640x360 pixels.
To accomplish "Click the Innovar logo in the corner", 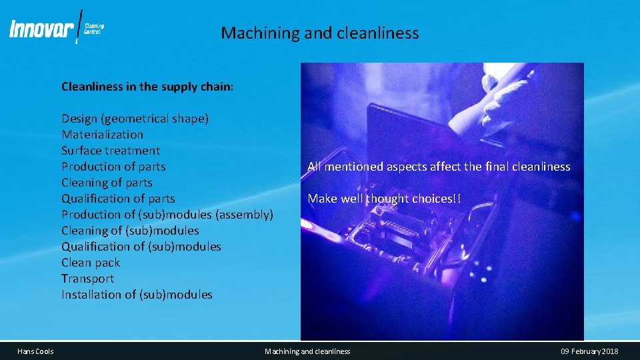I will [x=57, y=29].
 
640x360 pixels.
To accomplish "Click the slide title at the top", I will [x=320, y=33].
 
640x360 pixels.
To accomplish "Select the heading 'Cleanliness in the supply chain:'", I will [x=147, y=87].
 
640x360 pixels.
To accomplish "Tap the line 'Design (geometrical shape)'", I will [x=135, y=119].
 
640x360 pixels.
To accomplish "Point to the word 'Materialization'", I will [x=102, y=135].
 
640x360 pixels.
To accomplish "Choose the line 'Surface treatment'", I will [x=111, y=151].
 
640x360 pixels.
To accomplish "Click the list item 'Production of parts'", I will [x=113, y=167].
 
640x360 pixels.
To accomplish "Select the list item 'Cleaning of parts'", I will [x=107, y=183].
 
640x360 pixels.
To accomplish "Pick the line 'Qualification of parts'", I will [x=118, y=199].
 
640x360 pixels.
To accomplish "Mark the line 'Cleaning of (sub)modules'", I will [x=130, y=231].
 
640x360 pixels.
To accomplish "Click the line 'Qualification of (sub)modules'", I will [x=141, y=247].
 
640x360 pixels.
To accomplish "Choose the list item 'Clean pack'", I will [x=91, y=263].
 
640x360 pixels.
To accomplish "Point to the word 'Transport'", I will [x=87, y=279].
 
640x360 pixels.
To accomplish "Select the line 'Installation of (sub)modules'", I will [x=137, y=295].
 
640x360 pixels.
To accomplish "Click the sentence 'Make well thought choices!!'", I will [x=384, y=199].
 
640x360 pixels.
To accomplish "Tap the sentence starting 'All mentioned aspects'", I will [x=439, y=167].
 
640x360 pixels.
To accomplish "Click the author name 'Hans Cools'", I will [x=36, y=351].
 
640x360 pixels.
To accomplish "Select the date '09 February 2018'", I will [x=589, y=351].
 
